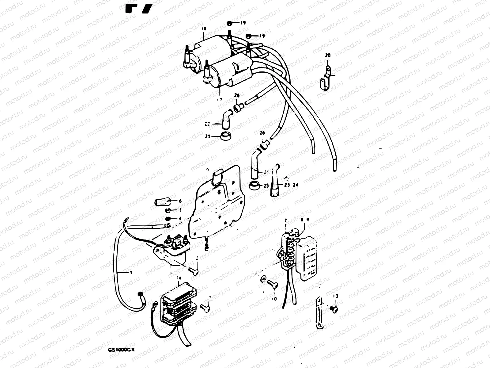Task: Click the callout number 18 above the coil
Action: click(x=204, y=29)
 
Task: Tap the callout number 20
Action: click(x=328, y=56)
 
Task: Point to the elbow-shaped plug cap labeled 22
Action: click(x=226, y=120)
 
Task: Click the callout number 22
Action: click(x=207, y=124)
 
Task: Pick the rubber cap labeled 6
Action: click(x=161, y=202)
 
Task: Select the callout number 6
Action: click(x=180, y=201)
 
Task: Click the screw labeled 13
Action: click(x=334, y=310)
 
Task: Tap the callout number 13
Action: click(x=336, y=296)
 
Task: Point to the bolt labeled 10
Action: click(x=272, y=284)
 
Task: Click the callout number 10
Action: click(x=274, y=298)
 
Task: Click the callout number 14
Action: click(x=179, y=278)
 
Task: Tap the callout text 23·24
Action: click(x=291, y=185)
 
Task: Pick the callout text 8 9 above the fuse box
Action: click(x=305, y=220)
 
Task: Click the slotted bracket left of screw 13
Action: click(x=319, y=317)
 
